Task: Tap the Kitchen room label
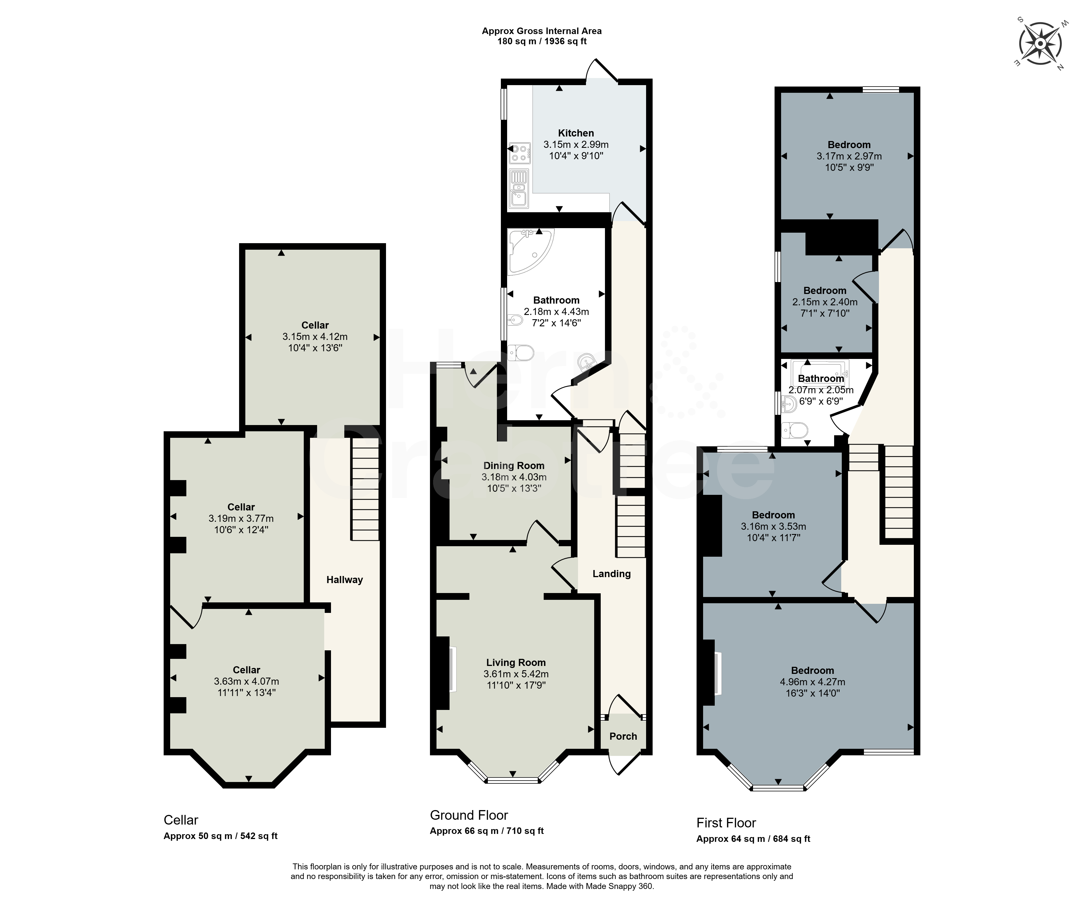576,133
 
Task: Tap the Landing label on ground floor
612,573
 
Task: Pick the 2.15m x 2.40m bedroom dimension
825,302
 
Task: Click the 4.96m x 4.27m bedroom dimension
813,682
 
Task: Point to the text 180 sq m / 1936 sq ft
542,41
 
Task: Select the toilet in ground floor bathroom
520,353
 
